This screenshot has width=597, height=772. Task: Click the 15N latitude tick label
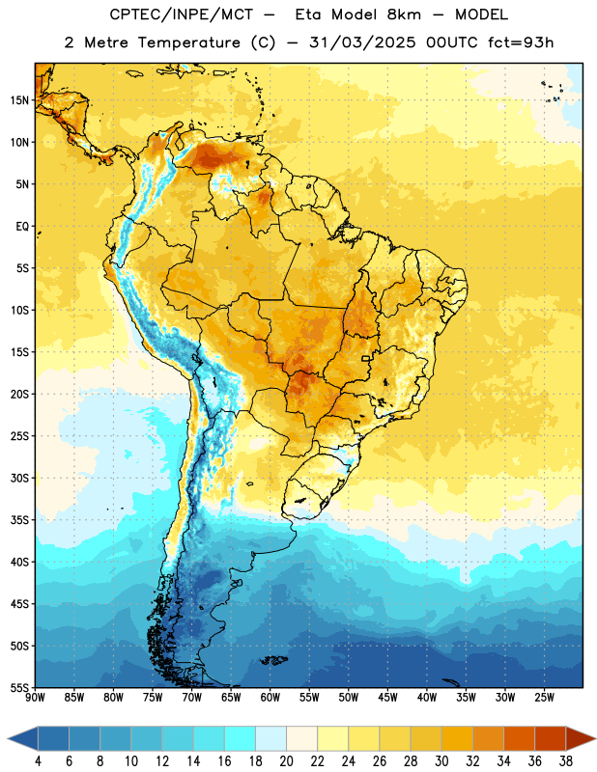coord(19,100)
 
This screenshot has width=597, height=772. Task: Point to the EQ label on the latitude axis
coord(22,227)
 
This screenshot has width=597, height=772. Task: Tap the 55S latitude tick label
coord(19,687)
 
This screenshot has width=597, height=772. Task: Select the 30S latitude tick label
coord(19,478)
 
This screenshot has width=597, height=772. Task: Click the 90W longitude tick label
coord(35,698)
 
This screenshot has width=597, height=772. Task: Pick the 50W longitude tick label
coord(349,698)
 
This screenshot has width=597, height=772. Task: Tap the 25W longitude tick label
coord(544,698)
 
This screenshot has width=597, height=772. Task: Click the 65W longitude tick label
coord(231,698)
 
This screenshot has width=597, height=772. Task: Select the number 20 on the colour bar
coord(286,761)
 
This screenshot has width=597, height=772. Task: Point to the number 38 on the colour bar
coord(566,761)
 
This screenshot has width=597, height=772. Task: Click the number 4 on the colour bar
coord(38,761)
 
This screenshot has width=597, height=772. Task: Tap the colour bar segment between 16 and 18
coord(241,738)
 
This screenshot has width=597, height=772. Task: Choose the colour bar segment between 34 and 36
coord(520,738)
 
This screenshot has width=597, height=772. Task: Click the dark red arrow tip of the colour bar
coord(595,738)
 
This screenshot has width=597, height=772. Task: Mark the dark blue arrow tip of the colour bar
coord(8,738)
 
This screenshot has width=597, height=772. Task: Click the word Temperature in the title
coord(188,42)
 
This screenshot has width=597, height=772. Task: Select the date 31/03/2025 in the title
coord(363,42)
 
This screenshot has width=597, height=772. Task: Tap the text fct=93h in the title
coord(521,42)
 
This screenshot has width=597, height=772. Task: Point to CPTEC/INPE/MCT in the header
coord(182,14)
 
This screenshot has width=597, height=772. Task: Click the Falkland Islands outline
coord(274,660)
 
